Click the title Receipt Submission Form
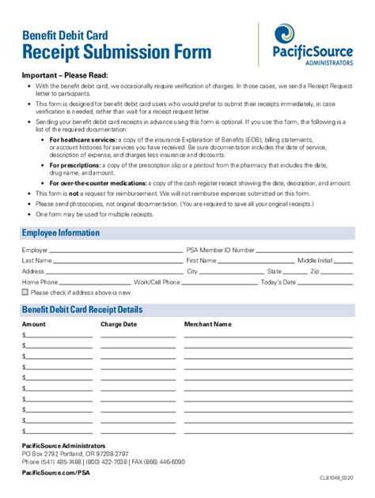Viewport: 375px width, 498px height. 116,53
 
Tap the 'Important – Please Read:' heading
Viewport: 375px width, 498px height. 65,75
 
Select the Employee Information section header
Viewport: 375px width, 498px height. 61,232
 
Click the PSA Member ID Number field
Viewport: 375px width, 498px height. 305,251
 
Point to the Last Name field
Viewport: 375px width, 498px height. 118,262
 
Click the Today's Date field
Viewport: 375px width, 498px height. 325,283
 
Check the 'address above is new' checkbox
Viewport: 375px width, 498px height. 25,292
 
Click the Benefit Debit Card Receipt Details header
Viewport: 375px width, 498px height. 82,309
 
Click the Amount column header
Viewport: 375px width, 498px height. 34,324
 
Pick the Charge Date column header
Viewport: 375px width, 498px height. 119,324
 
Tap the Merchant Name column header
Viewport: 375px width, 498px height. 207,324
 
